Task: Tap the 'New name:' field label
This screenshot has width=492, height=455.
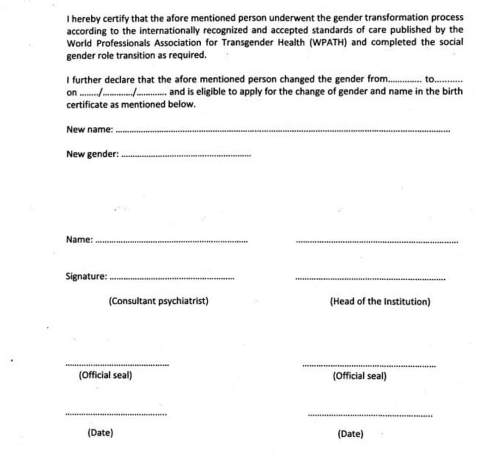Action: point(89,129)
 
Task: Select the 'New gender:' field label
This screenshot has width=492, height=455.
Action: point(92,154)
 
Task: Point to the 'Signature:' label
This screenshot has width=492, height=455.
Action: point(86,276)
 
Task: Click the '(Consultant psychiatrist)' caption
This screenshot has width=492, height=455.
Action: point(158,301)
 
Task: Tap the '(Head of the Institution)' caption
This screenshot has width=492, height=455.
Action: point(380,302)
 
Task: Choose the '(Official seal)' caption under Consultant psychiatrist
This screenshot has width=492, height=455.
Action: point(105,375)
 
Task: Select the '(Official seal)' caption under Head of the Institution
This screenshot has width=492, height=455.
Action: point(359,376)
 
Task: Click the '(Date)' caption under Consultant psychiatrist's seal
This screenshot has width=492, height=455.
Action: point(100,432)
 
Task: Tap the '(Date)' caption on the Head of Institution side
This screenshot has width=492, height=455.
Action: point(350,434)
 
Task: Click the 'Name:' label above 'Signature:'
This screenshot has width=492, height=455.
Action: point(79,239)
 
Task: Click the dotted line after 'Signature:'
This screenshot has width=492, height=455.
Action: point(172,278)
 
